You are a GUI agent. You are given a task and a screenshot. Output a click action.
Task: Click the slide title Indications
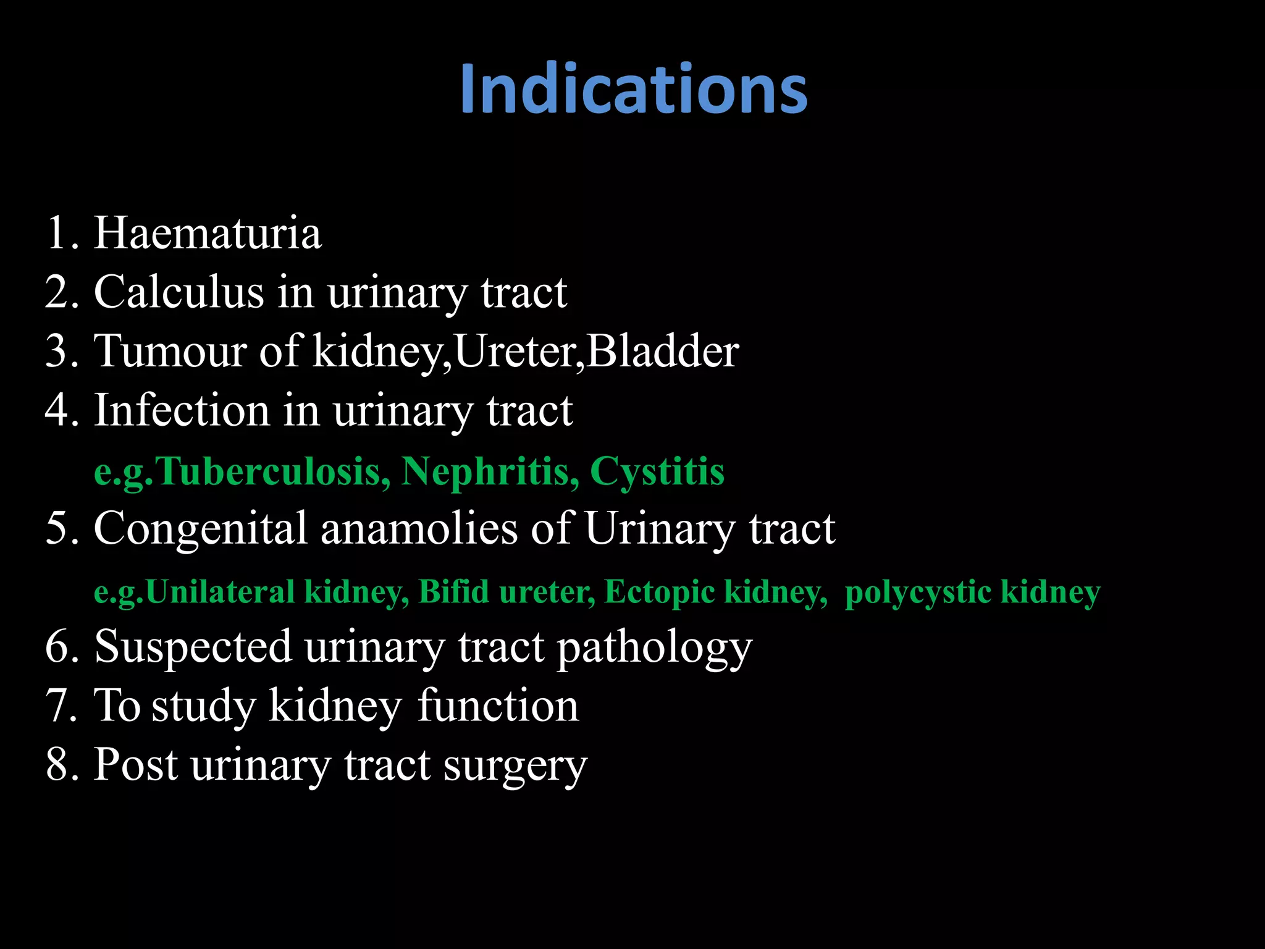(x=633, y=90)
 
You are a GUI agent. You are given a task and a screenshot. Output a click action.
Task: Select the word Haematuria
(x=208, y=234)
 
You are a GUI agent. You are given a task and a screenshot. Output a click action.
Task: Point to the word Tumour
(x=169, y=351)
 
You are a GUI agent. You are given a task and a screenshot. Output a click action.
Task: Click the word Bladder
(x=662, y=351)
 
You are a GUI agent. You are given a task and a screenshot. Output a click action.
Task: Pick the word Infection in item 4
(x=182, y=410)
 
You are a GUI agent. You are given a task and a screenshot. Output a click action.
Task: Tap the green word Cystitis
(x=657, y=471)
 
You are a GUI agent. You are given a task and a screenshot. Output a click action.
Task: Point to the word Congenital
(x=200, y=529)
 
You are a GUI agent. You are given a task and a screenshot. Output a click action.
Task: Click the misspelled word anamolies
(x=419, y=529)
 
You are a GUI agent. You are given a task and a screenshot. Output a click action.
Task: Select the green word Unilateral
(x=221, y=592)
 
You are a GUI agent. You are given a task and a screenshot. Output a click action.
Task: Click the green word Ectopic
(x=659, y=592)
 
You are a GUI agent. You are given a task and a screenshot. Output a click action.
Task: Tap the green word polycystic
(x=918, y=592)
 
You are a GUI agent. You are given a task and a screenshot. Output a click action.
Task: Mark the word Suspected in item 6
(x=193, y=647)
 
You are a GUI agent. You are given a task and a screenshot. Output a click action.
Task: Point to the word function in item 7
(x=498, y=706)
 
